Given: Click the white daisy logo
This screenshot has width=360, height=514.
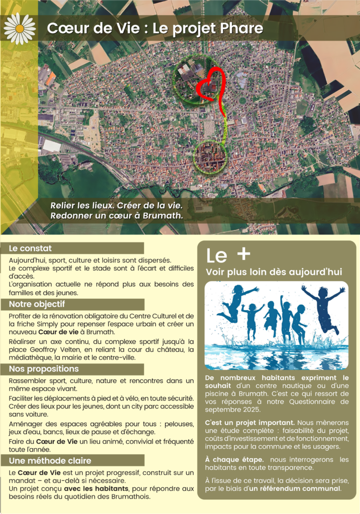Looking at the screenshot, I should click(20, 28).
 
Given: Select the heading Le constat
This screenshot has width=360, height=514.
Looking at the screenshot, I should click(30, 248).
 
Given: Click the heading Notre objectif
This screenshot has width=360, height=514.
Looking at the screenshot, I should click(37, 304).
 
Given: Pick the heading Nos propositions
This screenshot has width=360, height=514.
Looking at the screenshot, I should click(44, 369).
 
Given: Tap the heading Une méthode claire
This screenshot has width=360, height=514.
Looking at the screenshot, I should click(50, 460).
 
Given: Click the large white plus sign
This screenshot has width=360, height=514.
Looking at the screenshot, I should click(243, 254).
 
